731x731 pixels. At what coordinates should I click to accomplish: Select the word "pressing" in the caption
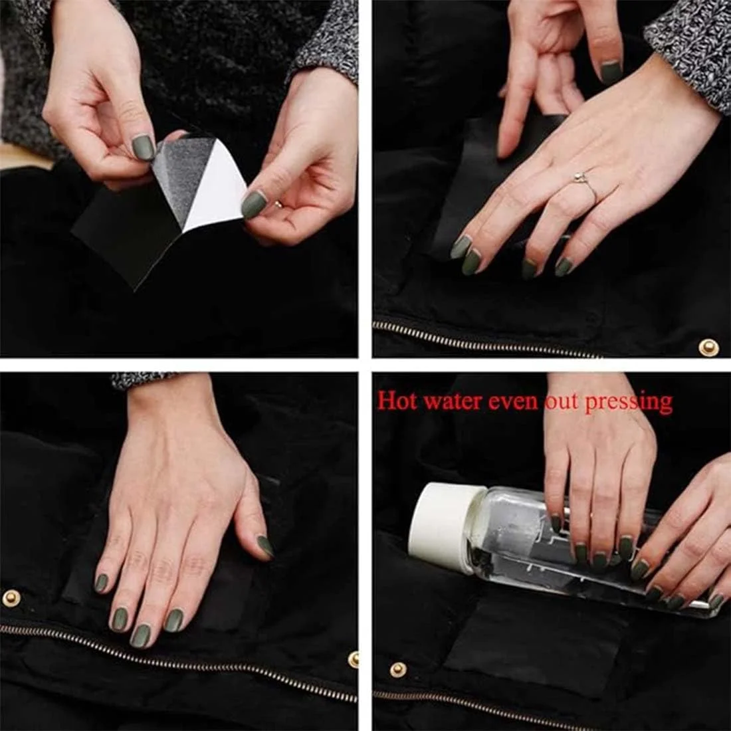tap(629, 403)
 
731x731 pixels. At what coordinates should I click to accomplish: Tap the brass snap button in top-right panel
tap(708, 347)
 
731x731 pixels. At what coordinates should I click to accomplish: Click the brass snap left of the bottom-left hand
tap(11, 597)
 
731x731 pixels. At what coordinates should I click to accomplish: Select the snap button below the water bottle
tap(397, 670)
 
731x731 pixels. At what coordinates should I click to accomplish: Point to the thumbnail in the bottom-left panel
tap(265, 546)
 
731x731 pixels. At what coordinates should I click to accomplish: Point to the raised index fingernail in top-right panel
tap(611, 72)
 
